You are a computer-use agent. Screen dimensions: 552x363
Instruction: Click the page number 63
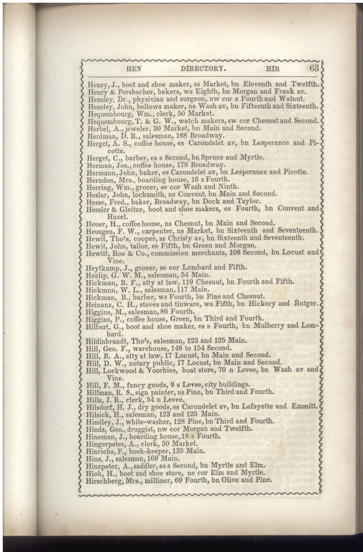pos(315,68)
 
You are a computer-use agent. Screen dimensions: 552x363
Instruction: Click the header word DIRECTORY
pos(203,69)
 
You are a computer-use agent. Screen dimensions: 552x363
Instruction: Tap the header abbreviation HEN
pos(134,69)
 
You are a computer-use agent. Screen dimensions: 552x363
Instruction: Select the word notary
pos(143,363)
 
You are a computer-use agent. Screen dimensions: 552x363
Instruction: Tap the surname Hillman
pos(100,392)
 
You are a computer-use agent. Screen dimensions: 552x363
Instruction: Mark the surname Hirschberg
pos(107,480)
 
